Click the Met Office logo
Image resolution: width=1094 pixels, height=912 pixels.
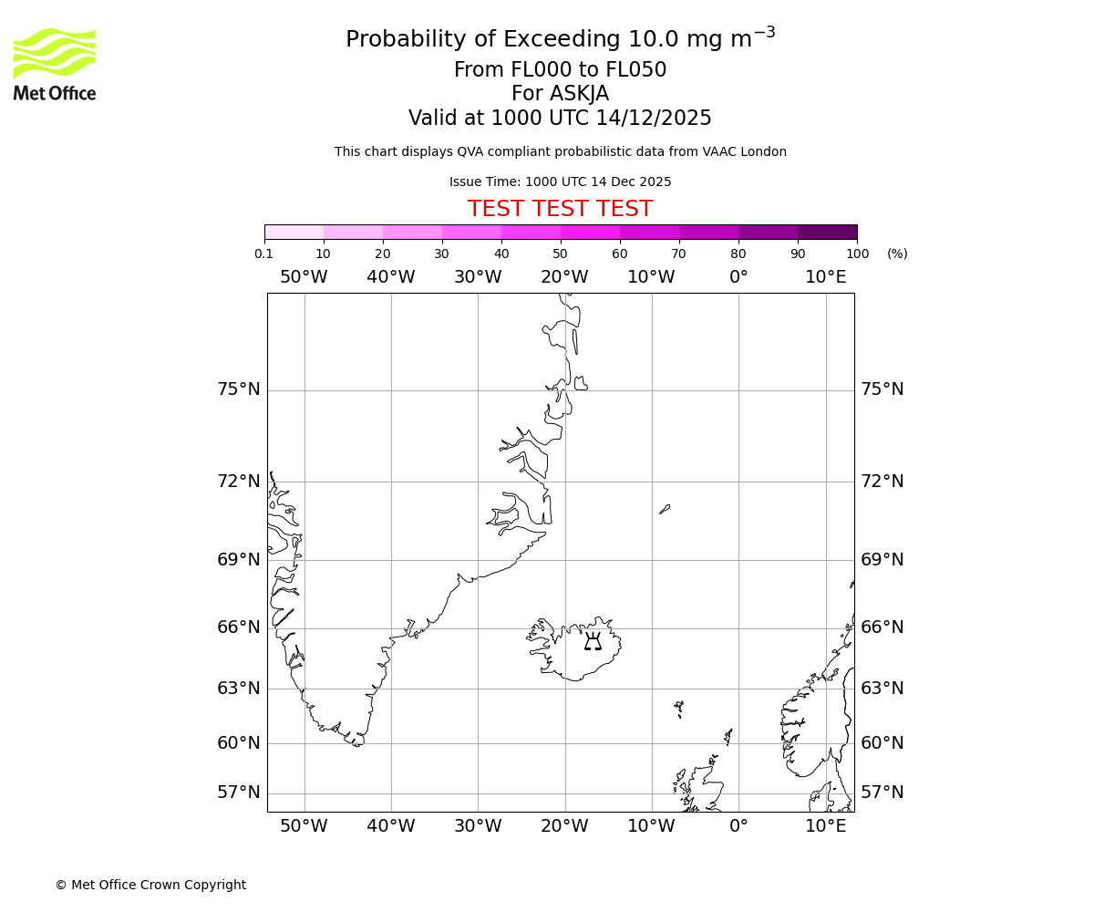(55, 64)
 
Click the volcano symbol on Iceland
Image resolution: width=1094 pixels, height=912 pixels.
(593, 641)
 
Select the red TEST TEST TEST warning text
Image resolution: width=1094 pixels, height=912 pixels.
(560, 210)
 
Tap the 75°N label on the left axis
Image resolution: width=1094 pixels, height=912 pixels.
(238, 389)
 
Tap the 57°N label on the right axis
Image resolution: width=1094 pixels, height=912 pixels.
(882, 793)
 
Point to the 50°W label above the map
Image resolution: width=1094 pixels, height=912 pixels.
(304, 277)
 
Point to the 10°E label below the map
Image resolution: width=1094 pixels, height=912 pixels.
(825, 826)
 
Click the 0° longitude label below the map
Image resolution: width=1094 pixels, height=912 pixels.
(738, 826)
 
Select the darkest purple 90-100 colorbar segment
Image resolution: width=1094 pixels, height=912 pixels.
(827, 232)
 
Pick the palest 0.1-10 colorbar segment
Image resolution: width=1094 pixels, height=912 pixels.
(294, 232)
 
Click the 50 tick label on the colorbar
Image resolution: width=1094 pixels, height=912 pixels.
(560, 254)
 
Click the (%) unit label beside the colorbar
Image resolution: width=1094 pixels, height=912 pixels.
(897, 254)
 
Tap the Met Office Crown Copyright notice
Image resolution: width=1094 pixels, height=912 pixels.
(150, 885)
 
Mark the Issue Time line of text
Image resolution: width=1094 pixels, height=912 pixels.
(560, 182)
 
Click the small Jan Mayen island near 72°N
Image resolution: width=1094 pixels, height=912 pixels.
(665, 509)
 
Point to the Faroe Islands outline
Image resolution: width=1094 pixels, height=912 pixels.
(679, 708)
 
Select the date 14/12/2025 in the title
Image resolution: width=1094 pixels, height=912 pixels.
(654, 119)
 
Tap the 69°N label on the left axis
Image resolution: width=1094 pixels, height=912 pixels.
(238, 560)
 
